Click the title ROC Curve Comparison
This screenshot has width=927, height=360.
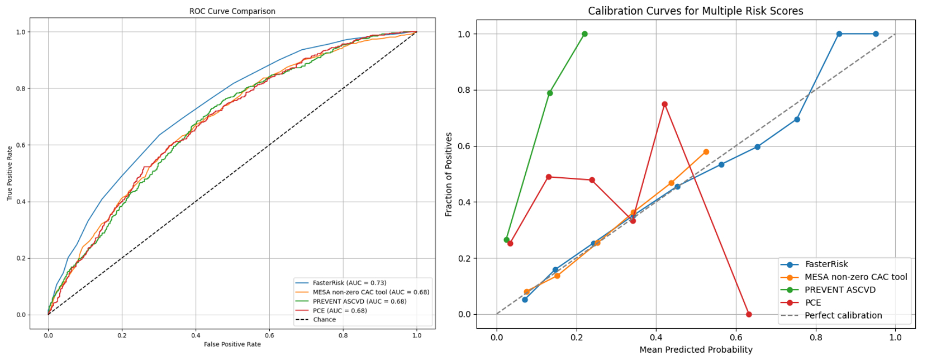click(x=232, y=11)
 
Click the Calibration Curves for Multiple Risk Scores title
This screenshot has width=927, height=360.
click(x=696, y=11)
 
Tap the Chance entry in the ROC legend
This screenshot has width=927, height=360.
click(x=324, y=320)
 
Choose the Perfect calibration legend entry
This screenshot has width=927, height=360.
click(x=843, y=315)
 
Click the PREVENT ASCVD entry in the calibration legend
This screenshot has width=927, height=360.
click(x=840, y=290)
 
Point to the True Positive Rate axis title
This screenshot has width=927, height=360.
click(x=9, y=173)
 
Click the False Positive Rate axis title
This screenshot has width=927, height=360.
click(x=232, y=344)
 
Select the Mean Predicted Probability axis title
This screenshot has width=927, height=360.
click(x=696, y=350)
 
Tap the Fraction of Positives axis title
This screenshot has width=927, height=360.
click(x=449, y=174)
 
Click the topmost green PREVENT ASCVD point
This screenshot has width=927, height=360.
click(x=584, y=34)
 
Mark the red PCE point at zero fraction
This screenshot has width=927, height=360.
click(x=749, y=314)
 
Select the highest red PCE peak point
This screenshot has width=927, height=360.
click(x=664, y=105)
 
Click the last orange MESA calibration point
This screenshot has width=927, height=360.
click(x=706, y=152)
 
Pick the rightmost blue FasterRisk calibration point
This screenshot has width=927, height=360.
click(x=876, y=34)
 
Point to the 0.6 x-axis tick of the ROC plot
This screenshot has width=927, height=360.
click(x=269, y=335)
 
